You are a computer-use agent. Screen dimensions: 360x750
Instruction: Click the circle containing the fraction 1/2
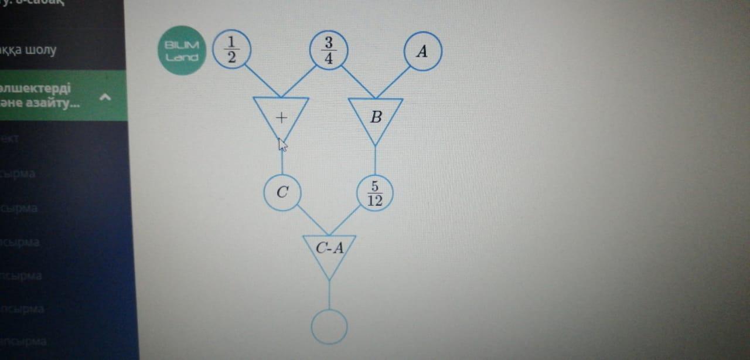(231, 49)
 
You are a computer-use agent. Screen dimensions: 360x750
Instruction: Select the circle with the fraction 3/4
(329, 50)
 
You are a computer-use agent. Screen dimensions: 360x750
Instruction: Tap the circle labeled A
(422, 51)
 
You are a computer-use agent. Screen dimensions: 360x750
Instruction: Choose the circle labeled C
(282, 192)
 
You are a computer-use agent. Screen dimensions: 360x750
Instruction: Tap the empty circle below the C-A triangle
(329, 326)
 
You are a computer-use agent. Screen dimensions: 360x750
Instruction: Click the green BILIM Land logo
(182, 50)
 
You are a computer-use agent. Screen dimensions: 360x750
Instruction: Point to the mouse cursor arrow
(281, 144)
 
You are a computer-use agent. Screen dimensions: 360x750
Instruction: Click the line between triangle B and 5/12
(375, 160)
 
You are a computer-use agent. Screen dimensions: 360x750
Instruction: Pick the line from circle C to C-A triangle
(312, 219)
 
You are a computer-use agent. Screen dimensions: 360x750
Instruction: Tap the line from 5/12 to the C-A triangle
(346, 220)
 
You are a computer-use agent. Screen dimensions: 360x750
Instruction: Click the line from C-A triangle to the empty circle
(329, 294)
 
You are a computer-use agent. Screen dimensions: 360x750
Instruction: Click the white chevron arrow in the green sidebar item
(105, 97)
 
